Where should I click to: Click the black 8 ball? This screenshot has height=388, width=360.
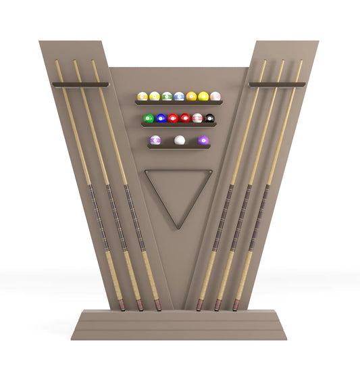(x=209, y=118)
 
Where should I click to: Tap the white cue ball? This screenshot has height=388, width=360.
(x=180, y=140)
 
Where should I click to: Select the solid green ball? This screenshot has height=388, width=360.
(x=149, y=118)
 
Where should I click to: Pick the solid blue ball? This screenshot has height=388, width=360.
(x=161, y=118)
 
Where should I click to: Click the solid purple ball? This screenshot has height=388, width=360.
(x=203, y=140)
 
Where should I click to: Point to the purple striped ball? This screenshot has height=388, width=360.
(x=155, y=140)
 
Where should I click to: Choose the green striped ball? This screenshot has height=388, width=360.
(x=167, y=97)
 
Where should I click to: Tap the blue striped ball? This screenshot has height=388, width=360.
(x=179, y=97)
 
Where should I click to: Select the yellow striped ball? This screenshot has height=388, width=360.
(x=155, y=97)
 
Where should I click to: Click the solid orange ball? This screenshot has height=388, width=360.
(x=191, y=97)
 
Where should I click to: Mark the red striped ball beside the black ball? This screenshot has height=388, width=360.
(x=197, y=118)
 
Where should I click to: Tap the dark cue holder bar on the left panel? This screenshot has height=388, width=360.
(x=80, y=84)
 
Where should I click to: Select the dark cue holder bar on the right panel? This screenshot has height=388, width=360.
(x=277, y=84)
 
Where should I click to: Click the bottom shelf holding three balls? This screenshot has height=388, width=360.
(x=179, y=146)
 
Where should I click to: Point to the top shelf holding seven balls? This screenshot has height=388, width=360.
(x=178, y=103)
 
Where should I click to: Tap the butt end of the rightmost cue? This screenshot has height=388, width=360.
(x=236, y=306)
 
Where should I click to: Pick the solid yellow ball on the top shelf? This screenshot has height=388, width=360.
(x=203, y=97)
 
